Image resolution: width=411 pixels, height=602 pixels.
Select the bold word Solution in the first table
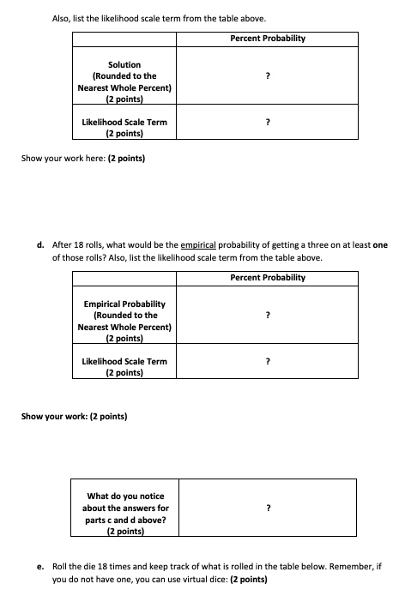(x=124, y=64)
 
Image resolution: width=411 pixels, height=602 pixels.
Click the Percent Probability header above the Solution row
(x=268, y=39)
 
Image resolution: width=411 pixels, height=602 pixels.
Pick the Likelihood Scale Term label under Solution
(x=124, y=123)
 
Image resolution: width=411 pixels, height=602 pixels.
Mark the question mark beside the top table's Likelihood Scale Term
(x=269, y=123)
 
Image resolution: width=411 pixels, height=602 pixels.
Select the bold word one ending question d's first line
(x=380, y=244)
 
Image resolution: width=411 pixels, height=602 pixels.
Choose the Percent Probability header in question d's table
(x=268, y=277)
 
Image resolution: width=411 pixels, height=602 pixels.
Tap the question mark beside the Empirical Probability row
(x=269, y=315)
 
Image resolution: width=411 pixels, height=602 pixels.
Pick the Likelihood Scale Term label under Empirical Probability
(x=124, y=361)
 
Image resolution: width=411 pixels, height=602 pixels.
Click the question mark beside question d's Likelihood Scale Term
(x=269, y=361)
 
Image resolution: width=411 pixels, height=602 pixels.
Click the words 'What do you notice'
(x=125, y=496)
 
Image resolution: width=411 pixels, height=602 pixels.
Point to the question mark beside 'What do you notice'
(x=269, y=508)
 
